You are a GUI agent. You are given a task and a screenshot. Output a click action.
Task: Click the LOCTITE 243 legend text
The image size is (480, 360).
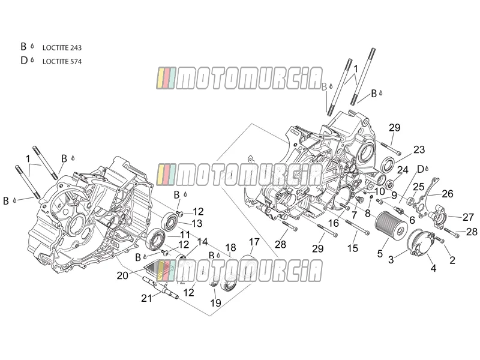tap(62, 48)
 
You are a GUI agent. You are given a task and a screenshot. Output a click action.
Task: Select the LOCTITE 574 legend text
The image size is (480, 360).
tap(62, 62)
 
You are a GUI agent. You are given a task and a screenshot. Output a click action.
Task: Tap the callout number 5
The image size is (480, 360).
tap(380, 253)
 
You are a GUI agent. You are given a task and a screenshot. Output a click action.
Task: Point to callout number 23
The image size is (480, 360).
tap(419, 149)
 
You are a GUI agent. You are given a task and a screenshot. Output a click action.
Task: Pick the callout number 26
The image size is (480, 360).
tap(447, 194)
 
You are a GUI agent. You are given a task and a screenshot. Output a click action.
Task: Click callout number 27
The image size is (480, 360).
tap(468, 217)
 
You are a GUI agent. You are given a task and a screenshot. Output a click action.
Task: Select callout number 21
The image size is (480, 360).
tap(146, 298)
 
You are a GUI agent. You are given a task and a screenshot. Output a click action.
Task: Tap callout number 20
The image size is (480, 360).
tap(122, 275)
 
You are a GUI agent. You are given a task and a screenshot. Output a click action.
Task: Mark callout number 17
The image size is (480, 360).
tap(254, 242)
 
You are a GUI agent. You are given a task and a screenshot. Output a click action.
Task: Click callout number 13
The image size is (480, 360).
tap(197, 223)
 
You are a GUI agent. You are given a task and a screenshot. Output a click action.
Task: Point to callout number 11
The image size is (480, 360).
tap(185, 235)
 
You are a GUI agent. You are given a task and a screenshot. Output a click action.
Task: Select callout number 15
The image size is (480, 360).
tap(352, 248)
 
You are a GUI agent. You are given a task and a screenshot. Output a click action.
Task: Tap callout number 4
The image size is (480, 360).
tap(433, 268)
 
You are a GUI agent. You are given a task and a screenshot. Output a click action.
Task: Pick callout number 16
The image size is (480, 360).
tap(334, 223)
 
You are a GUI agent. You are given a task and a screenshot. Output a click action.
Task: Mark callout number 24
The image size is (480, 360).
tap(403, 170)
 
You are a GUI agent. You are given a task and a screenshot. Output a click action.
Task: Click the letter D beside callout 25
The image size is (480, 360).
tap(421, 169)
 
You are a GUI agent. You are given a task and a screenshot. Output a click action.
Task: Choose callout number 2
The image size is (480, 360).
tap(452, 260)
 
